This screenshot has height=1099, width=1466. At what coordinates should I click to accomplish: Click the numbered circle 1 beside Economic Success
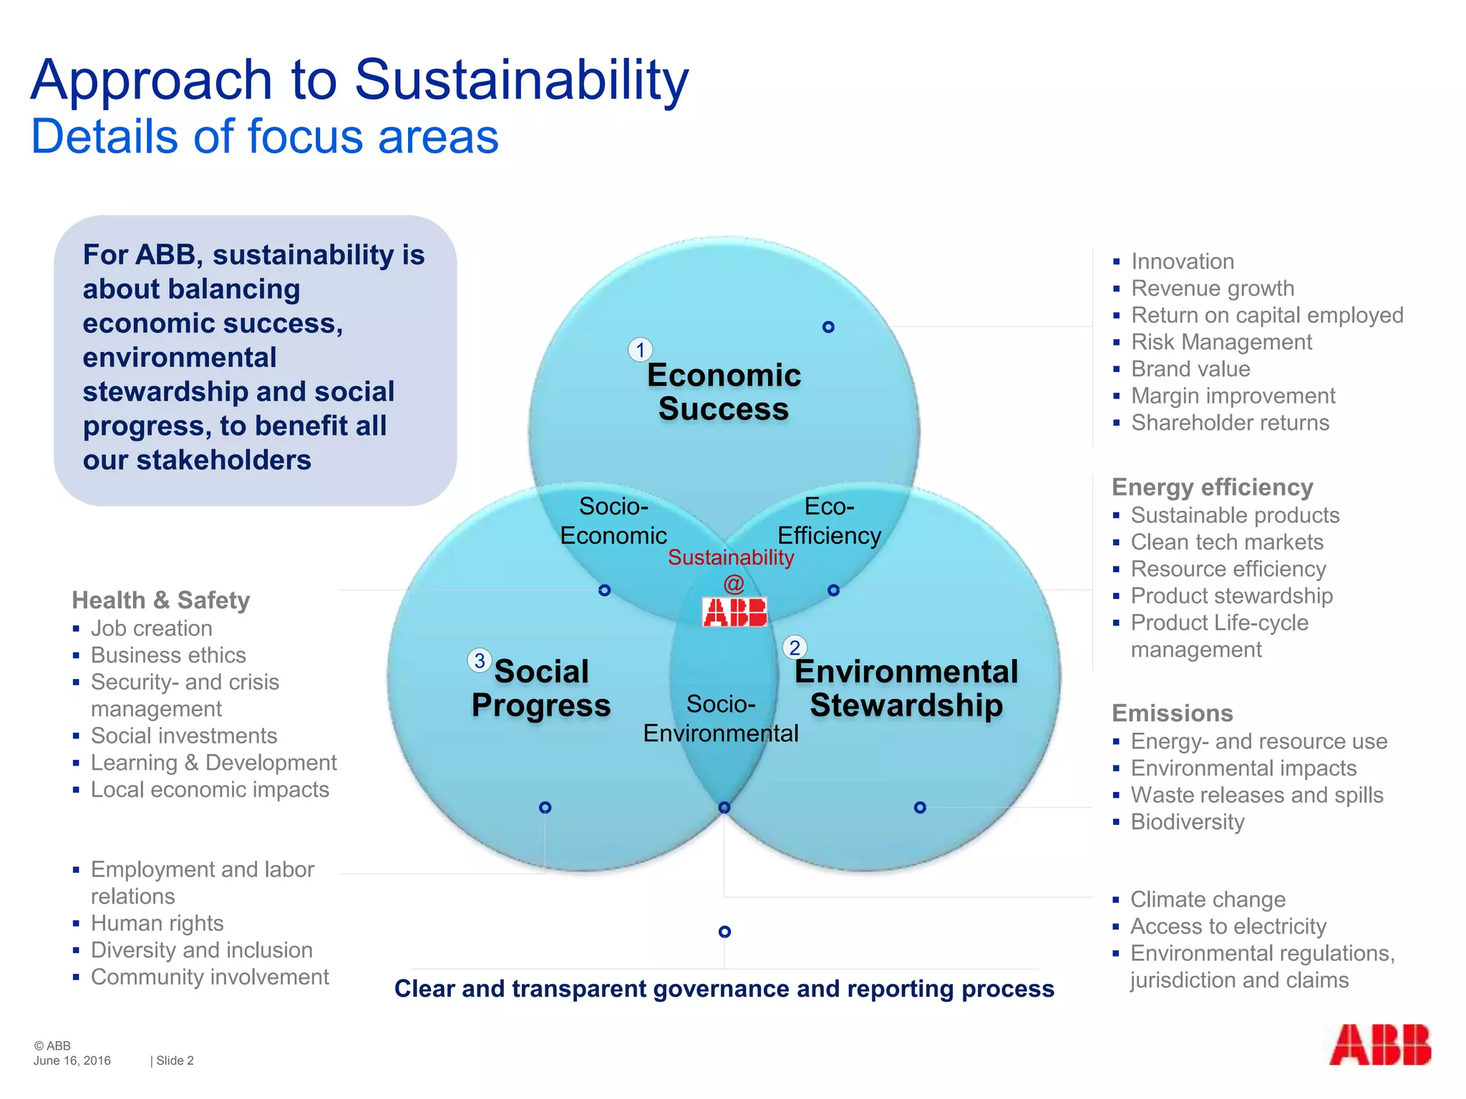tap(640, 350)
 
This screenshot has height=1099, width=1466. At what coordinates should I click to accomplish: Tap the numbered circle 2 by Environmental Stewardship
tap(795, 648)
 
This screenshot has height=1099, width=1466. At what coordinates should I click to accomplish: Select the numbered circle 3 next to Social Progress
tap(480, 660)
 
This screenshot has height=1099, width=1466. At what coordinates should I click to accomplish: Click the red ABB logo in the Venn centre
tap(735, 612)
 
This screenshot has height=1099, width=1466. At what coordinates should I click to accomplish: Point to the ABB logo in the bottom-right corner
tap(1379, 1045)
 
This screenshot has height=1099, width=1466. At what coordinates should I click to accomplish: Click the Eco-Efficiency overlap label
tap(829, 521)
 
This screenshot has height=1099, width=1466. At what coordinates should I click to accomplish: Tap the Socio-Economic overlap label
tap(613, 521)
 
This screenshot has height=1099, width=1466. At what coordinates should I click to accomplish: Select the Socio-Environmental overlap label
tap(721, 718)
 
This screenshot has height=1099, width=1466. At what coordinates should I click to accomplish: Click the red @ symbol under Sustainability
tap(734, 585)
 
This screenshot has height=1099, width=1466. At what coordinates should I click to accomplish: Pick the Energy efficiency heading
tap(1213, 487)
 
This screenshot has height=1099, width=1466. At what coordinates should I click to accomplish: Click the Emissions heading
tap(1173, 713)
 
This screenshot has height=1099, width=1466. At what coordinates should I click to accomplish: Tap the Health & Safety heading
tap(161, 600)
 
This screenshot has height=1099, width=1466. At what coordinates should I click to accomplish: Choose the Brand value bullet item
tap(1190, 369)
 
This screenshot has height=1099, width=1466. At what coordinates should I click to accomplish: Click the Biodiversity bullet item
tap(1188, 822)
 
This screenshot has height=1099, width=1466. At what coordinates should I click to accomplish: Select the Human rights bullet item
tap(157, 924)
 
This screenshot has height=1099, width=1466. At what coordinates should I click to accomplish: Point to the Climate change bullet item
tap(1208, 899)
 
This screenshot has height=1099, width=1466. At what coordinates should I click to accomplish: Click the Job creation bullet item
tap(151, 628)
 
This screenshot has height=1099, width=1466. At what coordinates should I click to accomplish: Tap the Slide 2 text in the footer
tap(175, 1060)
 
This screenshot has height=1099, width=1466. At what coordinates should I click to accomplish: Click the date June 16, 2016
tap(72, 1060)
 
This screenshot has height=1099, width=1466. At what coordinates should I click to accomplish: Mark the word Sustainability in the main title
tap(521, 79)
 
